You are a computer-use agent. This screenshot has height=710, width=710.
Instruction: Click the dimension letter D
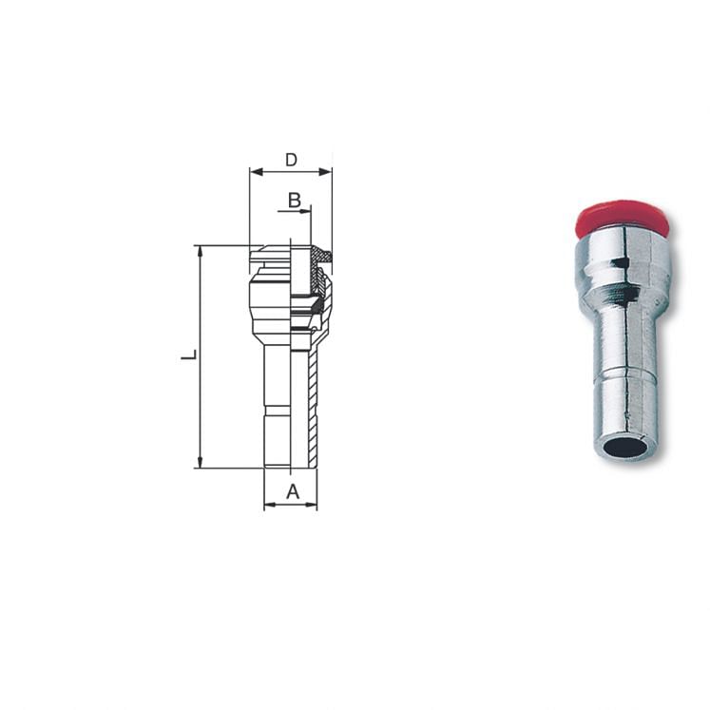[291, 160]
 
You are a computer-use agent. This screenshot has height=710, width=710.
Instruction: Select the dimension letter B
[294, 201]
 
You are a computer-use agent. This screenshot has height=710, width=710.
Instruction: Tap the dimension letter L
[189, 355]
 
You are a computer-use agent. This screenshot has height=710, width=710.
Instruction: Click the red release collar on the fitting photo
[623, 219]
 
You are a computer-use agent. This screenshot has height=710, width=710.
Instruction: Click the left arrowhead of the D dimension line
[254, 172]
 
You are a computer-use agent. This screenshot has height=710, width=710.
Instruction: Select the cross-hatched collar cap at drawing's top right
[323, 255]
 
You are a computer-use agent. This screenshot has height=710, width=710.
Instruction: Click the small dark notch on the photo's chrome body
[618, 261]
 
